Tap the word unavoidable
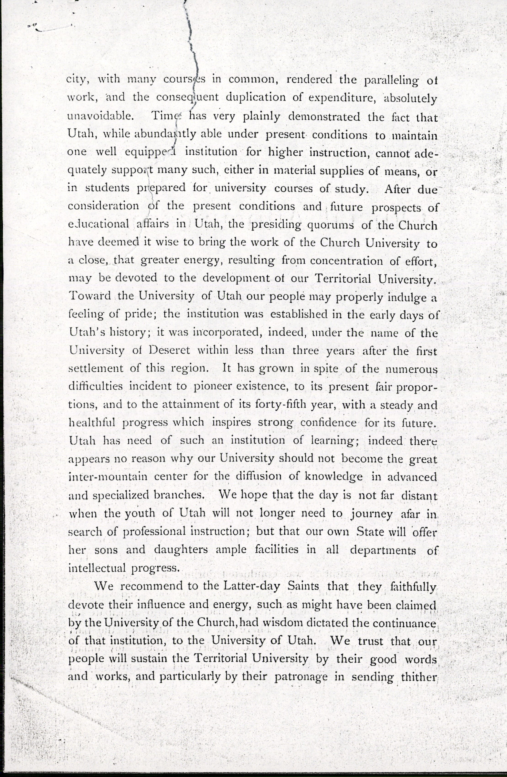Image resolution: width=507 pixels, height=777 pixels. (x=100, y=117)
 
